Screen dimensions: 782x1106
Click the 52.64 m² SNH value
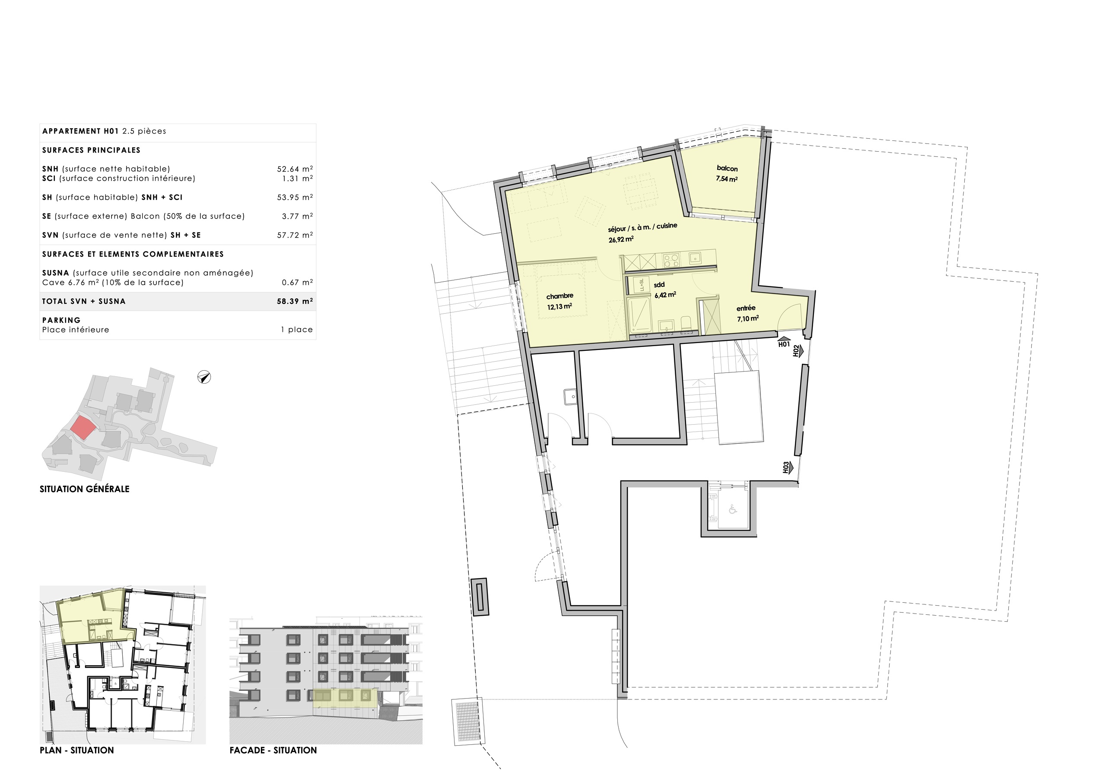pyautogui.click(x=294, y=169)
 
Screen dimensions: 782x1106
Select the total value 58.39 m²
pyautogui.click(x=294, y=302)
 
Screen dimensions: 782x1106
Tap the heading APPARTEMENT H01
pyautogui.click(x=80, y=131)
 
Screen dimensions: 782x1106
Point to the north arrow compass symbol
pyautogui.click(x=204, y=377)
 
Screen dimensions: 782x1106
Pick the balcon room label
pyautogui.click(x=727, y=168)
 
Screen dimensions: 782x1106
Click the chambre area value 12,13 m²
pyautogui.click(x=559, y=307)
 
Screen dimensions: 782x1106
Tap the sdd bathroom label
pyautogui.click(x=659, y=285)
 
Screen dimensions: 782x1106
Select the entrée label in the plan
pyautogui.click(x=746, y=308)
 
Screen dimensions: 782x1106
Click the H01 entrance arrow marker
pyautogui.click(x=784, y=342)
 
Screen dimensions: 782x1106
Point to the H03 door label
pyautogui.click(x=786, y=468)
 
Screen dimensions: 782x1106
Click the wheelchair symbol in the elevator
pyautogui.click(x=733, y=509)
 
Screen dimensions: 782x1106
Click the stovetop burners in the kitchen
pyautogui.click(x=671, y=261)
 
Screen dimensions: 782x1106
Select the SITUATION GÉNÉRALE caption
pyautogui.click(x=84, y=489)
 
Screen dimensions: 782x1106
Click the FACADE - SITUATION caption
pyautogui.click(x=273, y=750)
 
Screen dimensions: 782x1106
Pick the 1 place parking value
pyautogui.click(x=297, y=330)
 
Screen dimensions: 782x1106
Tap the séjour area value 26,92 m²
pyautogui.click(x=621, y=239)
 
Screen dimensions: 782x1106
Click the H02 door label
pyautogui.click(x=797, y=351)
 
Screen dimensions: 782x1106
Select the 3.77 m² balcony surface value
pyautogui.click(x=297, y=216)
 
